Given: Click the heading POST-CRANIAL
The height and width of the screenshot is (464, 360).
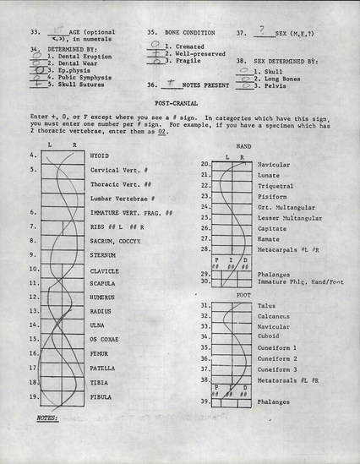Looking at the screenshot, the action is (179, 101).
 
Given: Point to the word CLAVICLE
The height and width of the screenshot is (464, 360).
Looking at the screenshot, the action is (104, 271).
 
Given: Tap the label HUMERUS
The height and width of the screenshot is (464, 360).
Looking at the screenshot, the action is (103, 297).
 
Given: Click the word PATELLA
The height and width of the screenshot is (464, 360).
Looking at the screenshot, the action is (103, 368).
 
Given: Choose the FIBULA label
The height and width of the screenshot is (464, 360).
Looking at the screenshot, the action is (101, 396).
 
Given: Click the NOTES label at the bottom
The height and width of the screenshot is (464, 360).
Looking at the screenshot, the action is (46, 418).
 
